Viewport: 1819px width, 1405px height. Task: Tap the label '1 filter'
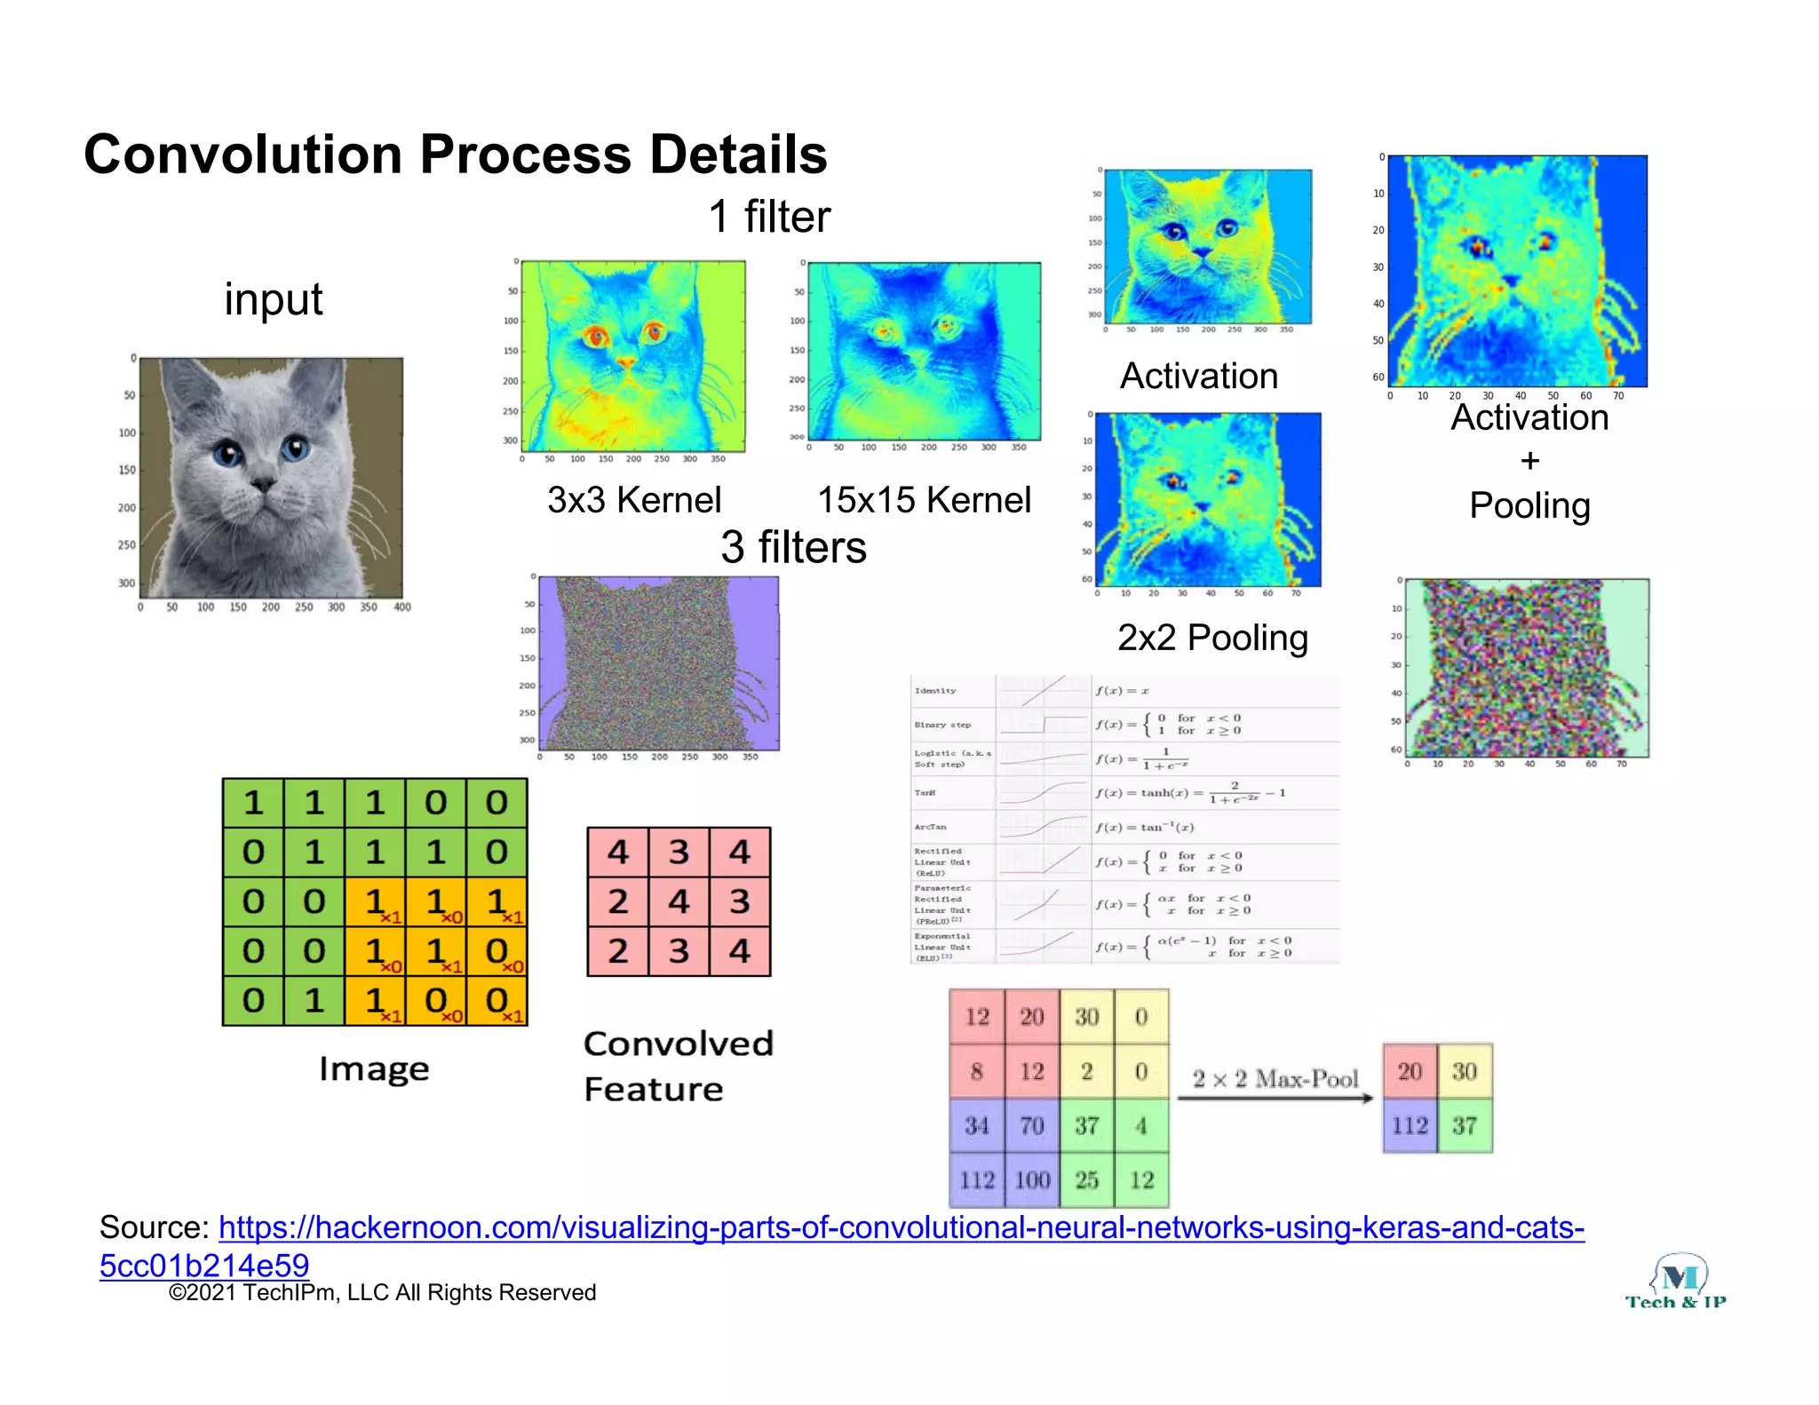(x=769, y=217)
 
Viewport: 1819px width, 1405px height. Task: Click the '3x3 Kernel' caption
(x=634, y=500)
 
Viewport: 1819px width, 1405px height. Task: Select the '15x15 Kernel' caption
(x=924, y=500)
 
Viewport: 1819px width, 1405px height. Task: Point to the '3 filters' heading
(x=793, y=547)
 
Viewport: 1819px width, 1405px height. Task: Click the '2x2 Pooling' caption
(x=1212, y=638)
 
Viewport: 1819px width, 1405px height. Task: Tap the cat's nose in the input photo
(x=263, y=485)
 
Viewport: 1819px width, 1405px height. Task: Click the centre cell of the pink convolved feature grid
(x=679, y=901)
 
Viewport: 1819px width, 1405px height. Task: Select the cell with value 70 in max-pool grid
(x=1031, y=1126)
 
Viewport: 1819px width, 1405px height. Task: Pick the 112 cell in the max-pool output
(x=1410, y=1126)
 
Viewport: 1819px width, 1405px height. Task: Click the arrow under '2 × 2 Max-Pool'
(x=1275, y=1099)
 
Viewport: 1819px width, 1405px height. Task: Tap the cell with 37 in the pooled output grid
(x=1465, y=1126)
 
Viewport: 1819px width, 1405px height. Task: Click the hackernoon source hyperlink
(x=901, y=1228)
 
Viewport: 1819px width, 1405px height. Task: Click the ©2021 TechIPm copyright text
(x=382, y=1293)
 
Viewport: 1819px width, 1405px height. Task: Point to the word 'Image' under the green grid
(x=374, y=1068)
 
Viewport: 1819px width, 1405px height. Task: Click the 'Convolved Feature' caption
(x=678, y=1066)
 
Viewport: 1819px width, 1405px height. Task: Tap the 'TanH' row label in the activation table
(x=925, y=793)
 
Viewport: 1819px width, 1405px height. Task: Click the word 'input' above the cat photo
(x=273, y=299)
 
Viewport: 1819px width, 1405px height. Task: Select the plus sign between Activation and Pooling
(x=1529, y=461)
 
